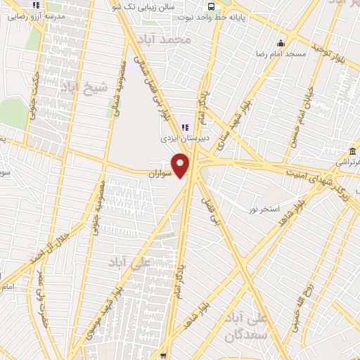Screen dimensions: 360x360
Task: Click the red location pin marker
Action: (181, 165)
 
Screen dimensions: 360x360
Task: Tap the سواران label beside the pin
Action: (160, 172)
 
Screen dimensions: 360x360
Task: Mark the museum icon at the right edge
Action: (350, 152)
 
